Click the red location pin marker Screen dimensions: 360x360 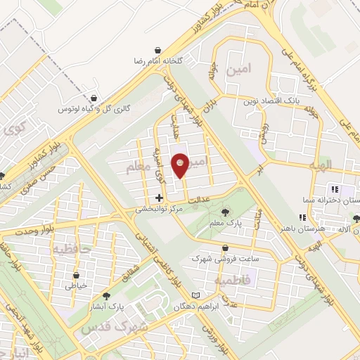pos(181,164)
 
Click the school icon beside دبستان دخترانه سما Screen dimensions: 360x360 pos(335,188)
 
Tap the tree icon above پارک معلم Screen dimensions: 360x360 pos(224,212)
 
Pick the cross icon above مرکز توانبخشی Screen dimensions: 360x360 pos(160,198)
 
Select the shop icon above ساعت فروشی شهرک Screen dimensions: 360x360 pos(225,247)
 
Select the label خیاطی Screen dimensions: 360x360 pos(75,285)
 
